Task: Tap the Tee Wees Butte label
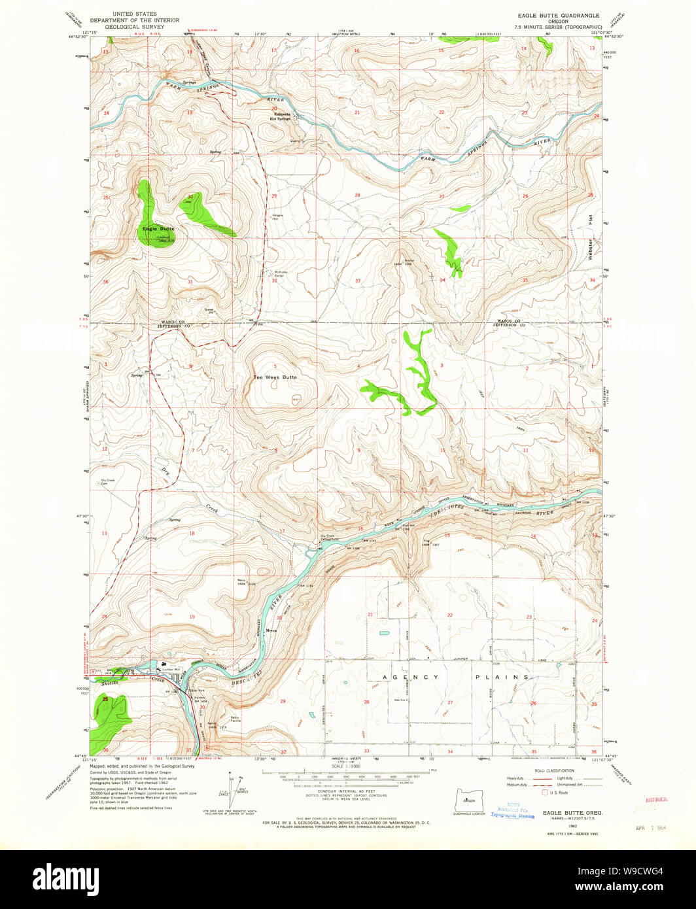click(x=275, y=377)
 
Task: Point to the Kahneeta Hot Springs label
click(x=282, y=116)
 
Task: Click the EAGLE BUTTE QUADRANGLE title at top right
click(x=556, y=15)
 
